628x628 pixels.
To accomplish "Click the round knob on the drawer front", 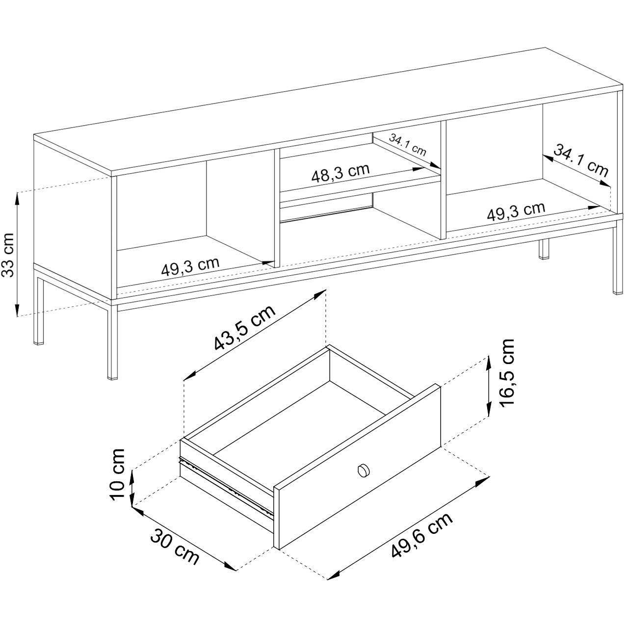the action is point(364,471).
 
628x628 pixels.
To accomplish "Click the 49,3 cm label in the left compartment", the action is point(190,266).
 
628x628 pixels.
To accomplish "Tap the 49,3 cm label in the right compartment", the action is point(516,211).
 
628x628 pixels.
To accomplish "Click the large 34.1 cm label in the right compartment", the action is point(581,160).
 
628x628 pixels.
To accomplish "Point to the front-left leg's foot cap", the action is point(113,378).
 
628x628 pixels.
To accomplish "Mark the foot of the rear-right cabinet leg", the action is point(543,258).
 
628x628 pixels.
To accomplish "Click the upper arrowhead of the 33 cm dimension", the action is point(17,197).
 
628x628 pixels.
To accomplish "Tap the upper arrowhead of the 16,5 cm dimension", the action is point(489,362).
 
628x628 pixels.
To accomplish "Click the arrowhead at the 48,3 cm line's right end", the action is point(419,169).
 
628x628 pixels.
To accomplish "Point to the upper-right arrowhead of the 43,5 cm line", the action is point(320,294).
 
